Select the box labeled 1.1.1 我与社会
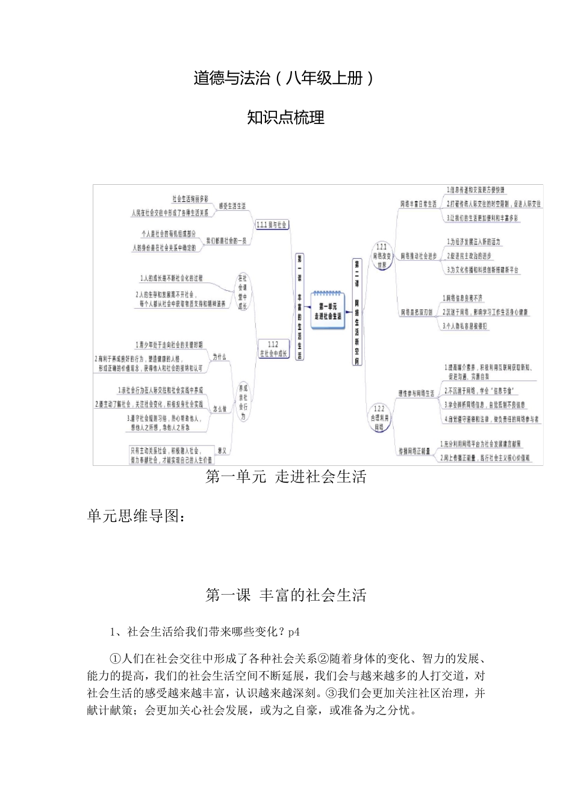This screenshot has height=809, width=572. [272, 225]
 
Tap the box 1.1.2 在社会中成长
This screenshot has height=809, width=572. [273, 350]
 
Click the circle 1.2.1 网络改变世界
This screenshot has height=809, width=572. [381, 256]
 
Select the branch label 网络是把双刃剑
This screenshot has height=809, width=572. [416, 312]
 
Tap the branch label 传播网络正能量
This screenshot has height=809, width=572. [415, 451]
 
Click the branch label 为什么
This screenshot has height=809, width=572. [220, 357]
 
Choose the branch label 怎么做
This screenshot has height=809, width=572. [220, 409]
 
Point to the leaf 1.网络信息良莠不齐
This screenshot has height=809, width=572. [462, 299]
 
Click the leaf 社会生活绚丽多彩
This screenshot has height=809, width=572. [190, 198]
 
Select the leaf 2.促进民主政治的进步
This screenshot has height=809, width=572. [469, 256]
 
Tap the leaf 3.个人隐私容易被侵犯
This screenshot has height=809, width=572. [465, 326]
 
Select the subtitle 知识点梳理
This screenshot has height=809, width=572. [286, 118]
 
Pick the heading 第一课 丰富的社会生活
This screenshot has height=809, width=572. [285, 595]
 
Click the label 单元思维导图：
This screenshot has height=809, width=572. [136, 516]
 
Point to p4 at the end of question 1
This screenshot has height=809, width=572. [294, 632]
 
